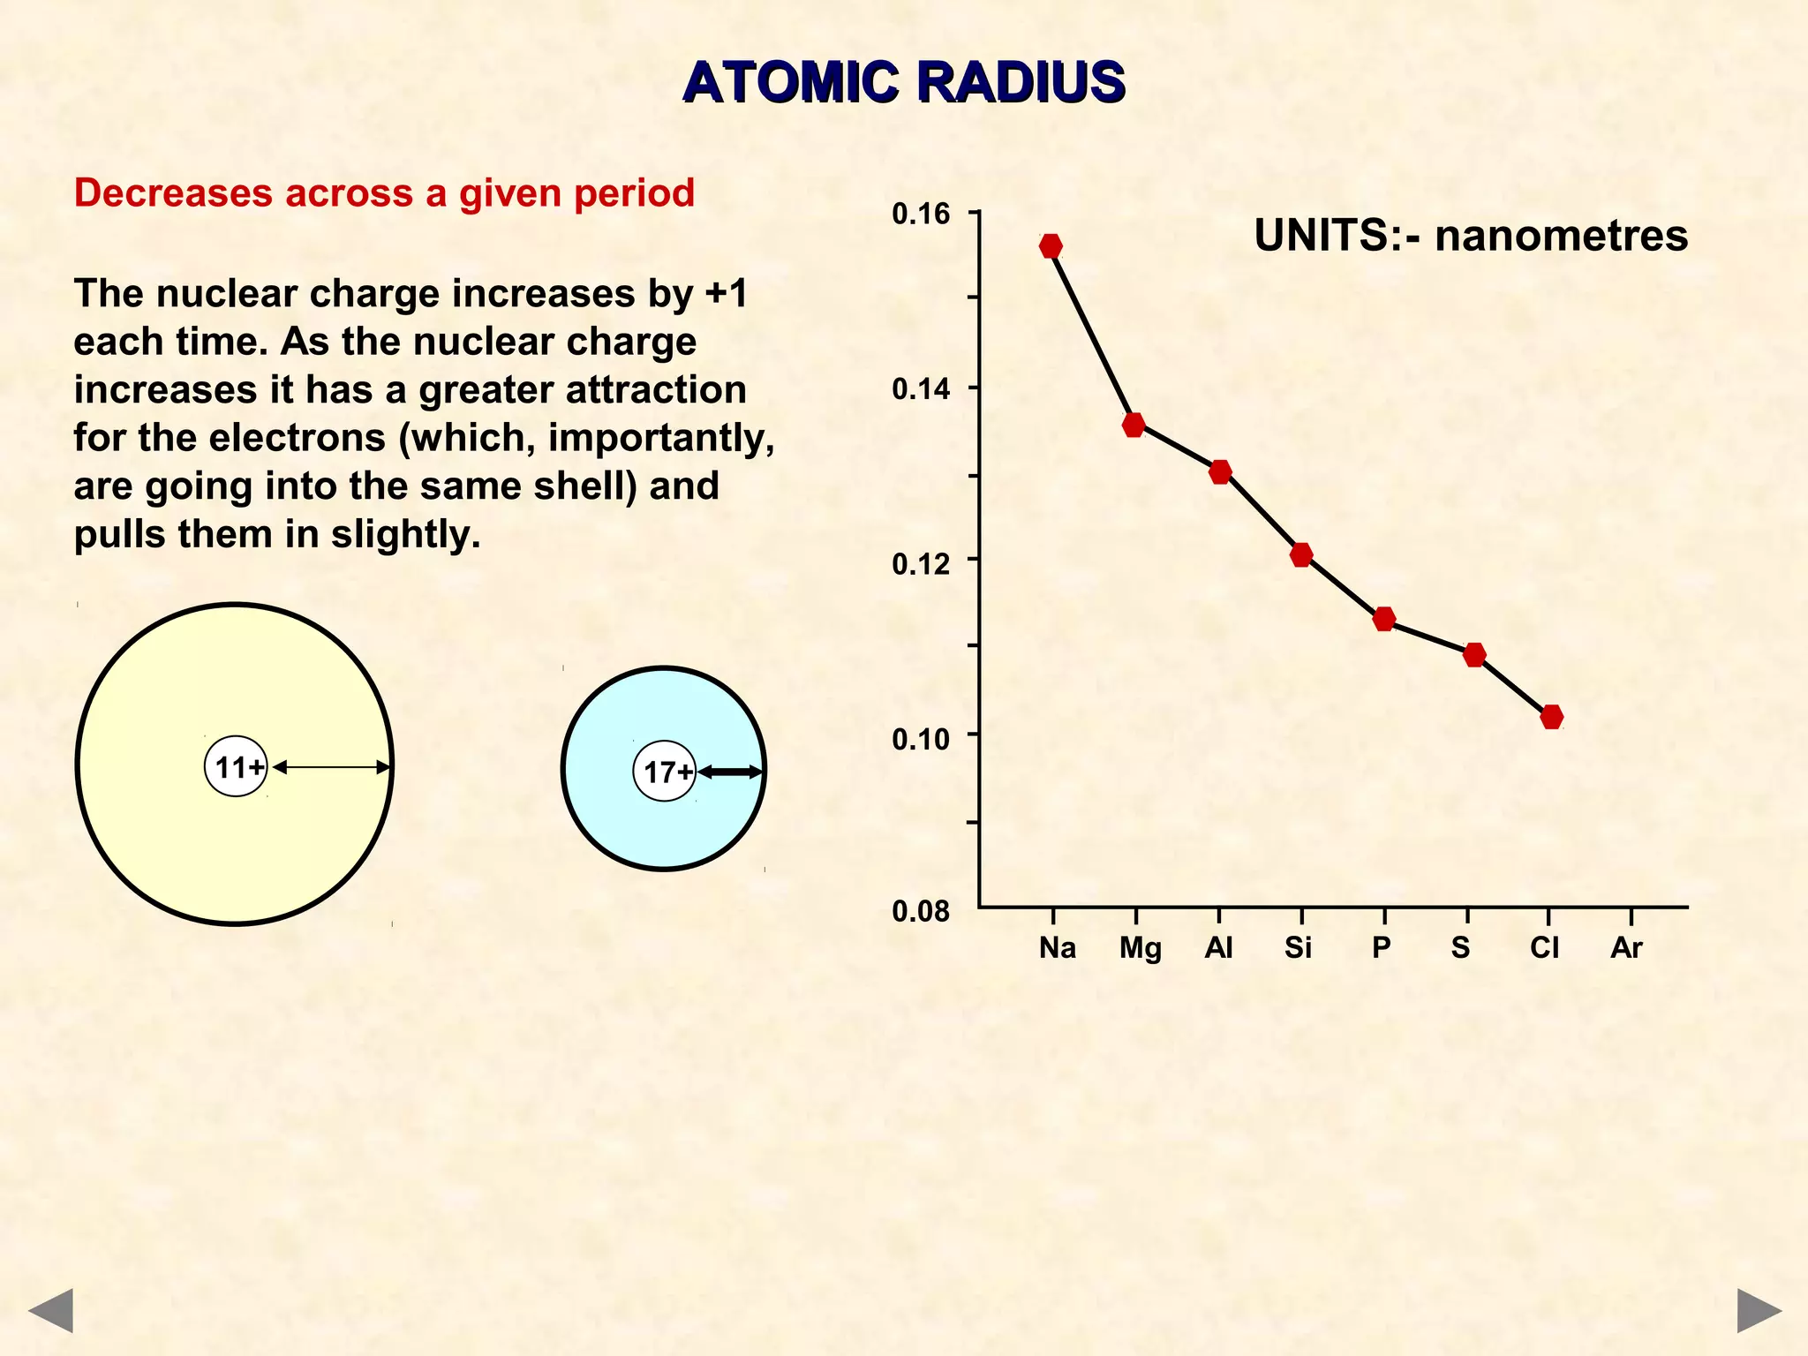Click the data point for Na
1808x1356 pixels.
(1051, 246)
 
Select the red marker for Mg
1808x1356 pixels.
(1134, 425)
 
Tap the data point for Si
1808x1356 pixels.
(1301, 554)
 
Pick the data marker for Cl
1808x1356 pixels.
(1552, 716)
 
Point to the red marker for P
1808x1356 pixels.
(1384, 619)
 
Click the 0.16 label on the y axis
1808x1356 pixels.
(921, 214)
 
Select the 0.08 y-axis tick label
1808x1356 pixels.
(921, 911)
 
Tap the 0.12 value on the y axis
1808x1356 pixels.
(921, 563)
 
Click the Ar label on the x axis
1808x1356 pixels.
(1626, 948)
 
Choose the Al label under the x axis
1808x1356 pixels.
(1218, 948)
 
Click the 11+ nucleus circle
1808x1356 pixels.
(237, 766)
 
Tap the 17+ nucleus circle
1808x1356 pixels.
(665, 772)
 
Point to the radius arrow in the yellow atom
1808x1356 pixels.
(331, 767)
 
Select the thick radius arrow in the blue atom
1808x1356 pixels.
(729, 772)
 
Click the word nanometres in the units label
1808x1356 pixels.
(1561, 236)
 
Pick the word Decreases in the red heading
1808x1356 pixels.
(173, 192)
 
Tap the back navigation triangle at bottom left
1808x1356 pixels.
(50, 1310)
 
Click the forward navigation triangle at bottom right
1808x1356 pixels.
(1759, 1310)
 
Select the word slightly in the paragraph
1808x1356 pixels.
(405, 534)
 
